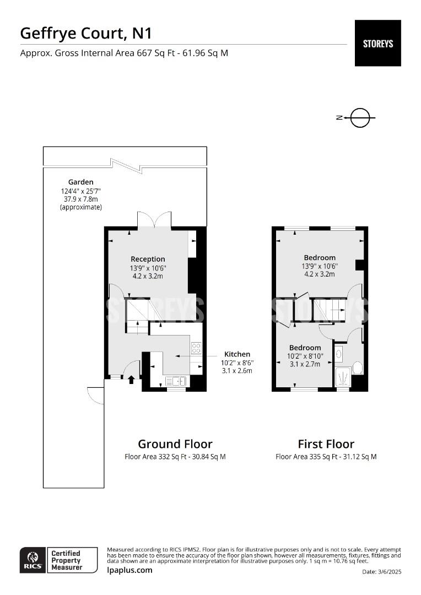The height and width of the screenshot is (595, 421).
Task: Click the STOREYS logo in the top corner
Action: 377,43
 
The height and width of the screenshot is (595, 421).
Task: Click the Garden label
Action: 80,182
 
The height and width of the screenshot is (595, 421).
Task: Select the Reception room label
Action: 148,259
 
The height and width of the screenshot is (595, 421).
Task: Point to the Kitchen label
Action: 237,354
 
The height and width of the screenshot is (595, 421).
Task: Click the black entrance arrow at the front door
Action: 131,379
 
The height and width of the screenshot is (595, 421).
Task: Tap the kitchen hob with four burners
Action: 196,348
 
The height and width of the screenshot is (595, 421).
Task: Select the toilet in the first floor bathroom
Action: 357,367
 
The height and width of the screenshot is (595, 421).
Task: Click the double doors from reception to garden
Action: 155,219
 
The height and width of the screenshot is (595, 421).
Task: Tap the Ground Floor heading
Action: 175,444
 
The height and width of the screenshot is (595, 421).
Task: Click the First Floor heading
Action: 326,444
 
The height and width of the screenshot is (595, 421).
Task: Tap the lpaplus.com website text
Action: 129,570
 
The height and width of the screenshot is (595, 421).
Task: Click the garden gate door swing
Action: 95,396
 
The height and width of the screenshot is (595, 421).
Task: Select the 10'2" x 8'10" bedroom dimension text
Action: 305,356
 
